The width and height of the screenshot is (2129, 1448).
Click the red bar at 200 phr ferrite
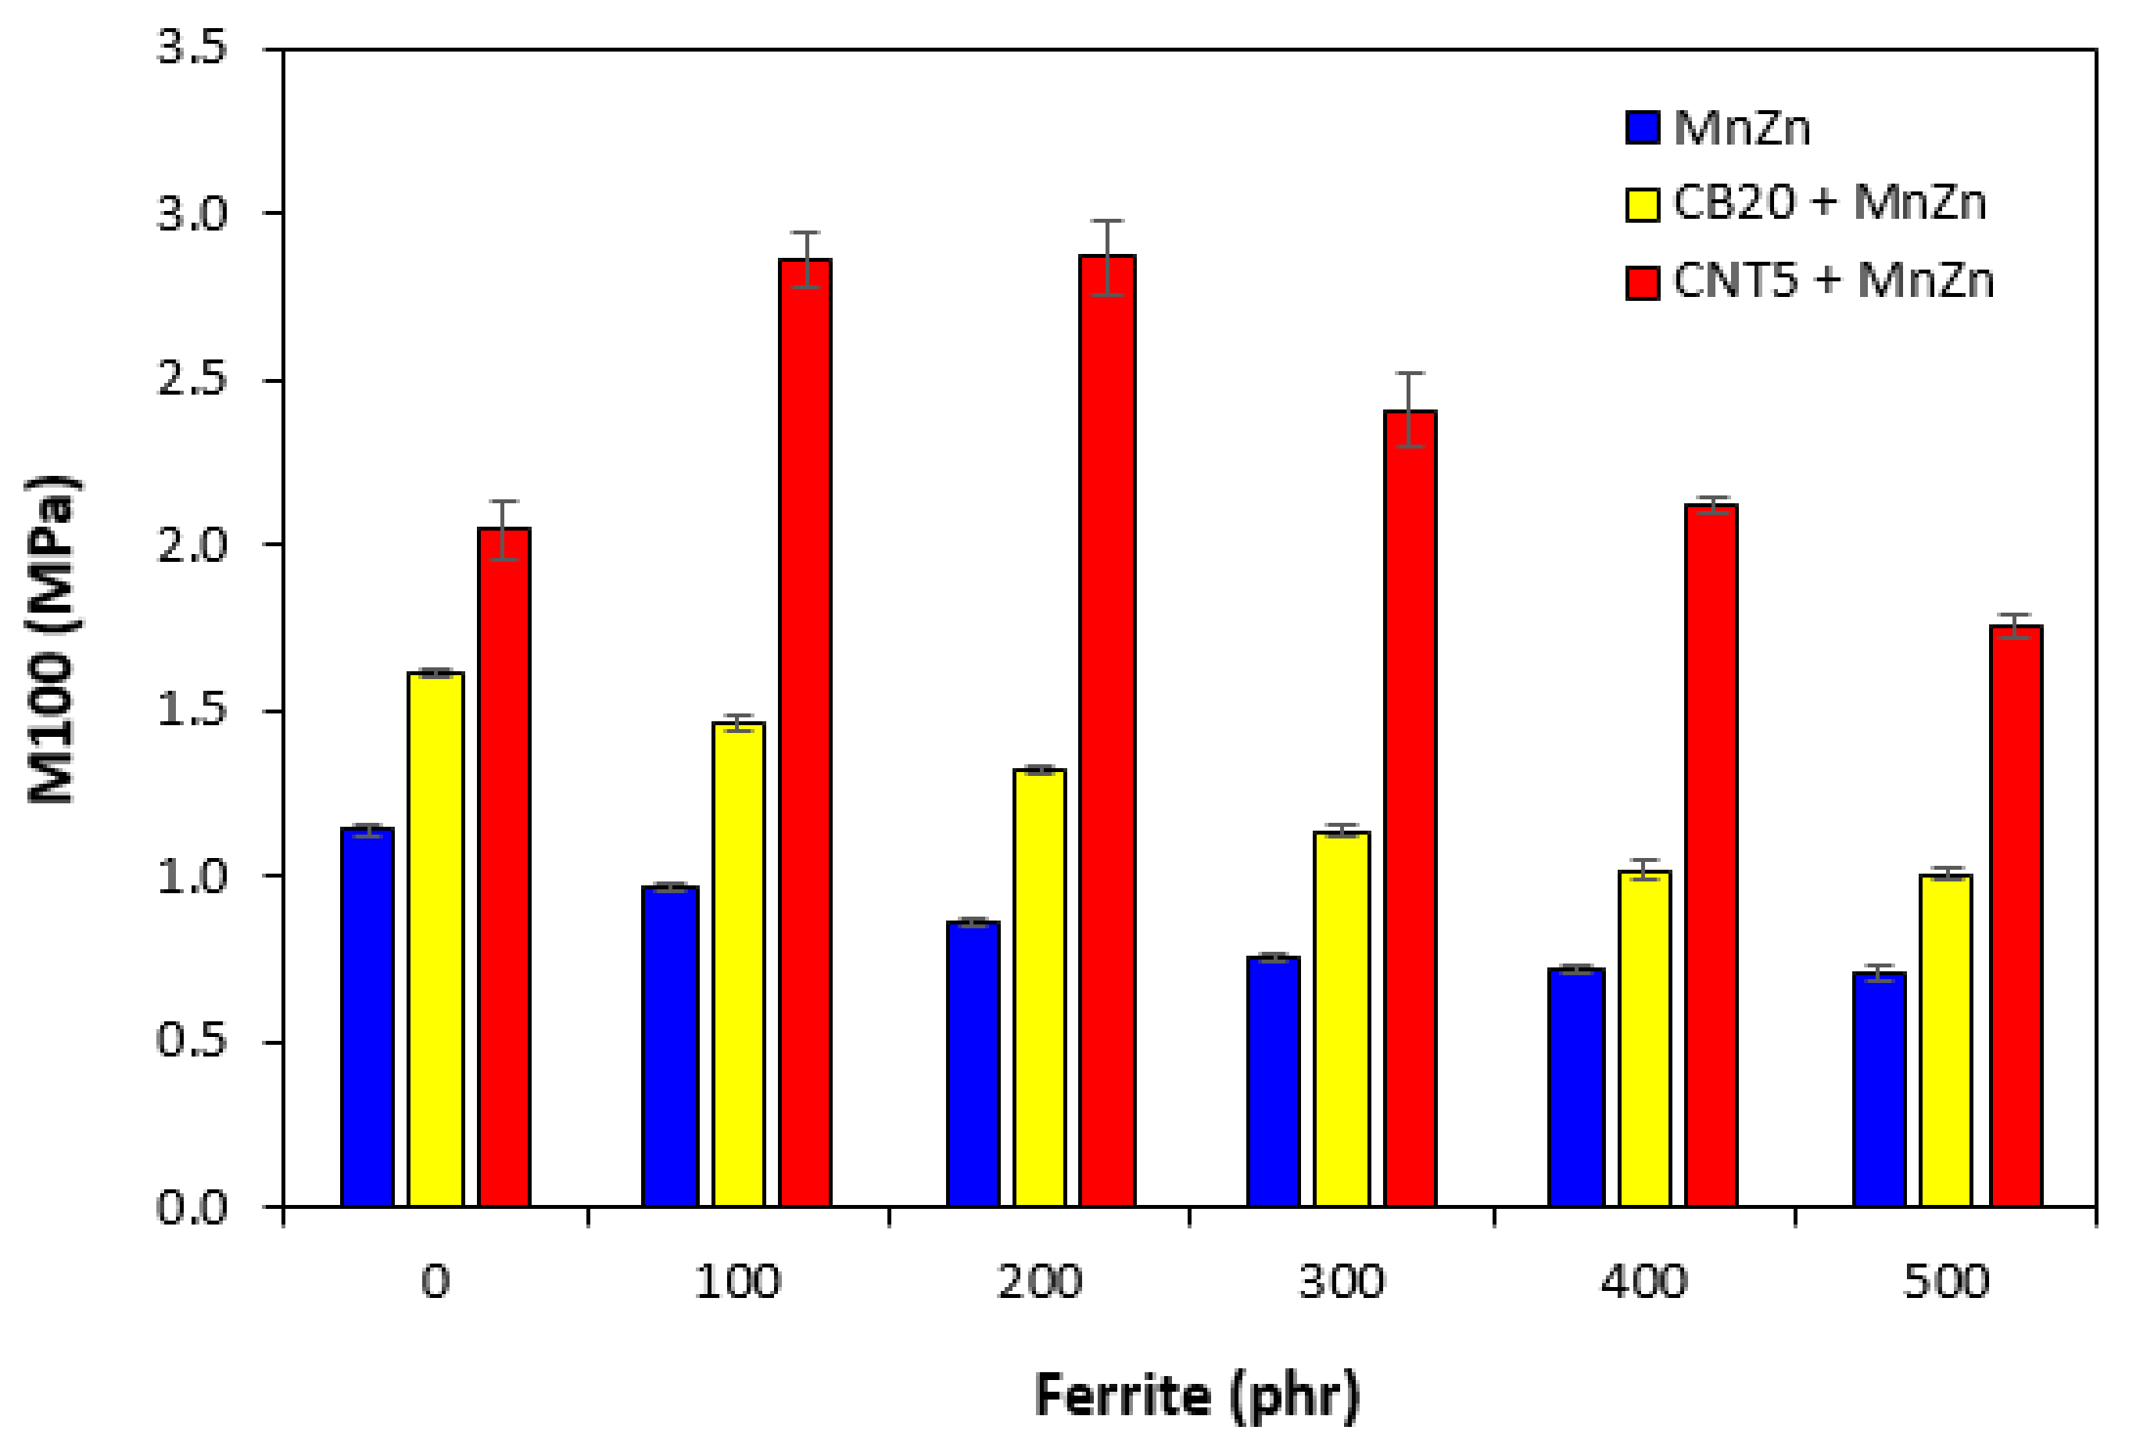coord(1106,733)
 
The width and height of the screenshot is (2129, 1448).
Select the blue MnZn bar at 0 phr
coord(367,1017)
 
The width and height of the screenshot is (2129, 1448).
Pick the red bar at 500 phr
coord(2016,916)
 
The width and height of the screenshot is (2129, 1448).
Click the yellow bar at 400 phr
coord(1644,1039)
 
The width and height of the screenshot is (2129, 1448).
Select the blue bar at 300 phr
coord(1274,1082)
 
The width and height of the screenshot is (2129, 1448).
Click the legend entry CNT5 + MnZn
coord(1832,281)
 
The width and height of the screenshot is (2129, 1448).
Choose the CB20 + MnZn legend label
coord(1829,202)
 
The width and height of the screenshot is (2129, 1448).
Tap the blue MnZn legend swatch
coord(1643,127)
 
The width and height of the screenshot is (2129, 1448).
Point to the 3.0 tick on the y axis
coord(192,214)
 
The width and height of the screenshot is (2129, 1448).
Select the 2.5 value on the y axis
coord(192,380)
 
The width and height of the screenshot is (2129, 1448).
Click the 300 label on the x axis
coord(1342,1282)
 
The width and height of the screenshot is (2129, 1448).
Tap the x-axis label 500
coord(1947,1282)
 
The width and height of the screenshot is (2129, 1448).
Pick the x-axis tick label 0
coord(436,1282)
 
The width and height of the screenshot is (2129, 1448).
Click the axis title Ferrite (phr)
coord(1196,1396)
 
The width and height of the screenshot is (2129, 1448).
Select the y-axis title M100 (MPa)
coord(53,639)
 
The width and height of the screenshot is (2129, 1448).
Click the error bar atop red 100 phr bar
coord(805,259)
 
